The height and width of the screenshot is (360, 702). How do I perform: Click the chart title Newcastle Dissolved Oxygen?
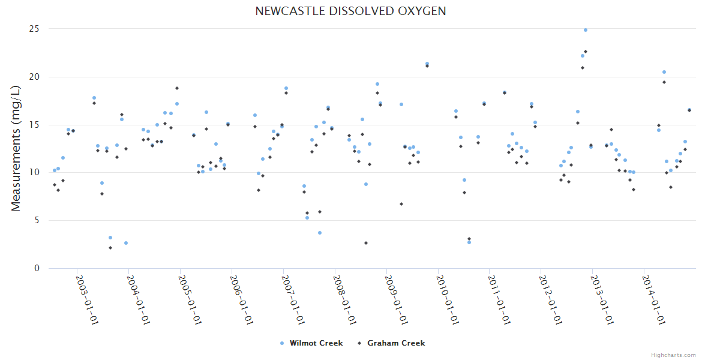(350, 11)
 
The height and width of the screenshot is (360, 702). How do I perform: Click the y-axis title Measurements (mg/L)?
(16, 148)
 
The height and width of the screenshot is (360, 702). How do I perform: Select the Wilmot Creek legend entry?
(316, 343)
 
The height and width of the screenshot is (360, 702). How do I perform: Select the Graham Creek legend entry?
(395, 343)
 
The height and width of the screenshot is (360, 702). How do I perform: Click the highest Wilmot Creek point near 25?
(586, 30)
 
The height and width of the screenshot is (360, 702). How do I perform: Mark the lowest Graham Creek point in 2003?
(110, 248)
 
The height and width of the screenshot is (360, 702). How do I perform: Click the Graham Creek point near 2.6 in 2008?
(366, 243)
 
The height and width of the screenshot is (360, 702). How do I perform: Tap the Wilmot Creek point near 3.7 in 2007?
(320, 233)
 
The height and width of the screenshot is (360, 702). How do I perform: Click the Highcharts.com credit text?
(674, 355)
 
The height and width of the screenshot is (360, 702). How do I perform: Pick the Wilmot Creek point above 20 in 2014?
(664, 72)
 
